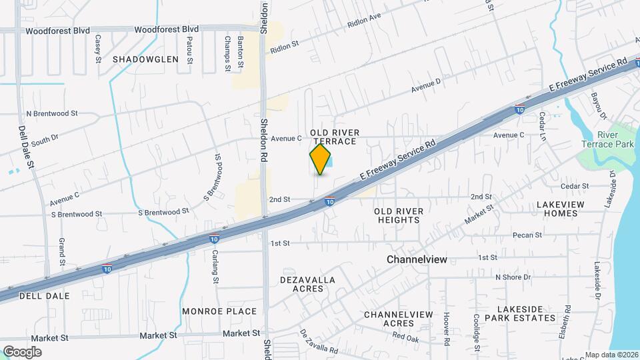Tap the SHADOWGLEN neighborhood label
click(145, 59)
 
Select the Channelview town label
click(417, 259)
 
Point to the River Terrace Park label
click(614, 139)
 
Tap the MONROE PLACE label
click(219, 311)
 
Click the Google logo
click(22, 352)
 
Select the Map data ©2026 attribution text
click(611, 355)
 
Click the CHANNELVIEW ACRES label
click(399, 319)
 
